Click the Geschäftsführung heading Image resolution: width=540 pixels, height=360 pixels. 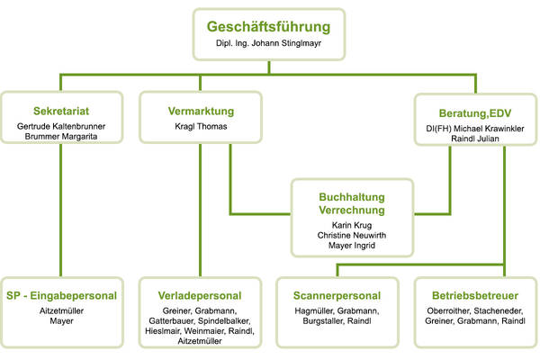click(x=268, y=27)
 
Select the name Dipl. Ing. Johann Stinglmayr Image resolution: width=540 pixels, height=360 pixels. click(x=268, y=43)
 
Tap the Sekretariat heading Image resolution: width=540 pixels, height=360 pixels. click(x=61, y=111)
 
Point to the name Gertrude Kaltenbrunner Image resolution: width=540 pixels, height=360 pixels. click(x=61, y=126)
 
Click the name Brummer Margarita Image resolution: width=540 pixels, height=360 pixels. click(x=61, y=137)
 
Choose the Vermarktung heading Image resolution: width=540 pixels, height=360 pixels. click(x=201, y=111)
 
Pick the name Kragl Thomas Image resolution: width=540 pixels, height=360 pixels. click(x=201, y=126)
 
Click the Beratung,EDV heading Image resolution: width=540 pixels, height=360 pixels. click(x=475, y=113)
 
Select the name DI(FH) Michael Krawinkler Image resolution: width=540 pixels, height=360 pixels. click(x=475, y=129)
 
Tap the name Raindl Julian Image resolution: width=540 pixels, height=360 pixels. click(x=475, y=139)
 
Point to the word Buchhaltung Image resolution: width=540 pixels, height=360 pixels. click(x=352, y=197)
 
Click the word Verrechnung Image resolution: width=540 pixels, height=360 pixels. click(x=352, y=210)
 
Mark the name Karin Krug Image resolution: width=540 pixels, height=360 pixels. click(x=352, y=225)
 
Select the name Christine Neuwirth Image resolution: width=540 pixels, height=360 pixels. click(x=352, y=235)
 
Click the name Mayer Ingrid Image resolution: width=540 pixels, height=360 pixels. click(x=352, y=246)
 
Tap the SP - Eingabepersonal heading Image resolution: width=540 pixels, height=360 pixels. click(x=61, y=295)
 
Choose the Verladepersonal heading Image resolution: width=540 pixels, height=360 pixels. click(x=200, y=295)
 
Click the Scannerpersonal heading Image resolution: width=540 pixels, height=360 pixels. click(x=337, y=295)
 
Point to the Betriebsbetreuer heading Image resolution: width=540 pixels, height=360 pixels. click(x=475, y=295)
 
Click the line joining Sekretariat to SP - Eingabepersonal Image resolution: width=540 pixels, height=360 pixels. click(x=61, y=210)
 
